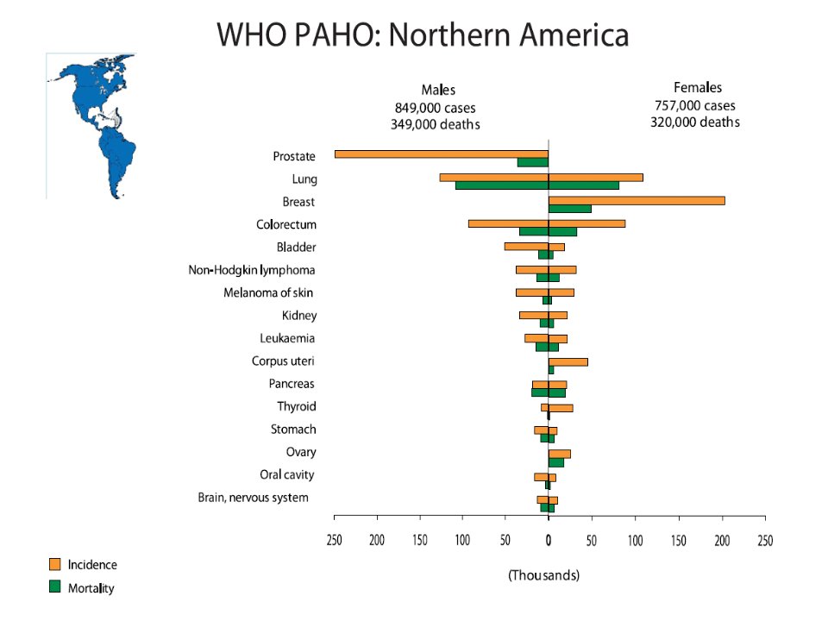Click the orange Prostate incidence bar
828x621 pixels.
tap(442, 154)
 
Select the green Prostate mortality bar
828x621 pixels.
tap(533, 163)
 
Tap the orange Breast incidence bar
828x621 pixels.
tap(637, 201)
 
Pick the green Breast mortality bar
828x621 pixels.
tap(570, 209)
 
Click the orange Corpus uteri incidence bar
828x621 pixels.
tap(568, 361)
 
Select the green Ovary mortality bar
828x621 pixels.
tap(556, 462)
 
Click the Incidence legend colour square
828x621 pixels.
tap(55, 564)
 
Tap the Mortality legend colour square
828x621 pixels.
tap(55, 586)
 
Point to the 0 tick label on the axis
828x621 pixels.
tap(549, 540)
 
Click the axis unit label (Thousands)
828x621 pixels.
tap(543, 575)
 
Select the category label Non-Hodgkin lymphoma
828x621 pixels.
tap(252, 270)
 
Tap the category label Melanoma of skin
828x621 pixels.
tap(268, 292)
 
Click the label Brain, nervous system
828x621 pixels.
tap(253, 498)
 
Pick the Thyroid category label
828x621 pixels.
tap(297, 406)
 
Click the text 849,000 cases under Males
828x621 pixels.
tap(435, 109)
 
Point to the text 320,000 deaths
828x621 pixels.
tap(695, 122)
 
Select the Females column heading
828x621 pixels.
tap(698, 88)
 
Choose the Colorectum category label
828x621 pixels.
tap(286, 225)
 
